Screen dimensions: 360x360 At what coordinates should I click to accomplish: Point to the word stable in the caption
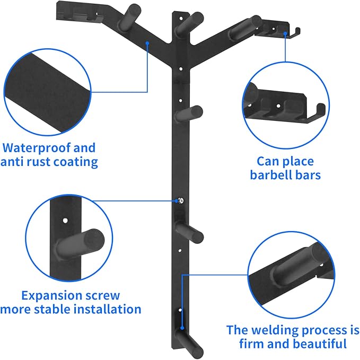click(x=59, y=309)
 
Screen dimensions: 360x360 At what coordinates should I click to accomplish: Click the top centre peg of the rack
click(x=188, y=21)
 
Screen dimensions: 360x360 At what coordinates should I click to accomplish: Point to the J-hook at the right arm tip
click(x=292, y=33)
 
